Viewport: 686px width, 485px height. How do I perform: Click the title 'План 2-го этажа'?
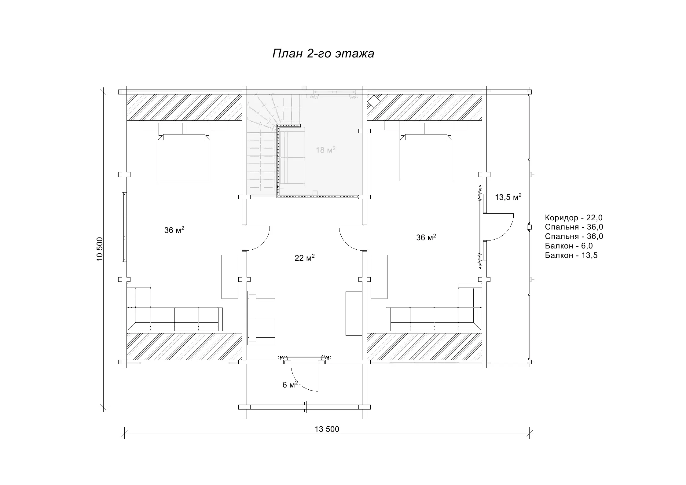pos(323,54)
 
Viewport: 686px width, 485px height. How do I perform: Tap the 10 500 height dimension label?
pos(100,249)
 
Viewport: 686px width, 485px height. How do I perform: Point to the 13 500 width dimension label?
pos(327,429)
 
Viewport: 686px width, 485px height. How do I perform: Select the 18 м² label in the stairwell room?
pos(326,150)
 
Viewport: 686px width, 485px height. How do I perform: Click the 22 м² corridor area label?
pos(305,258)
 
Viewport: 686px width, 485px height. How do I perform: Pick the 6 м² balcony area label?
pos(290,384)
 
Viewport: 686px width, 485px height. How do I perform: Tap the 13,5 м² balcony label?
pos(508,197)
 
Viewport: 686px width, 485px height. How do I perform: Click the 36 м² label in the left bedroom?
pos(174,230)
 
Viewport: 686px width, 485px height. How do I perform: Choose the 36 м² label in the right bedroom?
pos(426,237)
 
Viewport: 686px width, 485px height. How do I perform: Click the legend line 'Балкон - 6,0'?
pos(569,246)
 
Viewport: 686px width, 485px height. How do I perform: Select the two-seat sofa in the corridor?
pos(261,318)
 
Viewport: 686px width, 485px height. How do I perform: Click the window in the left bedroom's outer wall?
pos(124,227)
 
